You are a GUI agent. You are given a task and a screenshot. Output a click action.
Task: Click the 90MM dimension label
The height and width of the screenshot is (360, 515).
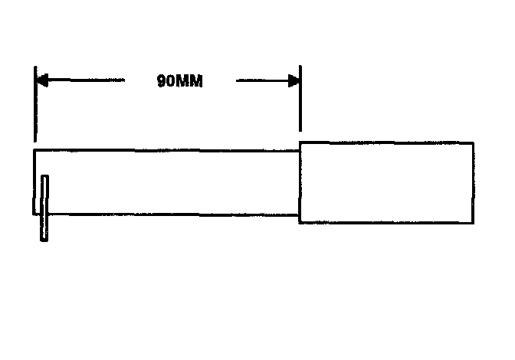179,81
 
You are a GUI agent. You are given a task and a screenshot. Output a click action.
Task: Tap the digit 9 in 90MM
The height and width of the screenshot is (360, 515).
162,81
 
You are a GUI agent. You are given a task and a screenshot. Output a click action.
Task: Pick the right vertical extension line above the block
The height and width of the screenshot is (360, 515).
300,100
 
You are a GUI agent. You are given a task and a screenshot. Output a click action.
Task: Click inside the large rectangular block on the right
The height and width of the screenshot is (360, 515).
385,182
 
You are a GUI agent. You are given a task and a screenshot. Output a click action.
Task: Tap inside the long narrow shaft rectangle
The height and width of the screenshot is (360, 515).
169,182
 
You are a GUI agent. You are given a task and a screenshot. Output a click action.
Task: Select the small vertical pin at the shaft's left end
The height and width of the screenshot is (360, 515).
44,208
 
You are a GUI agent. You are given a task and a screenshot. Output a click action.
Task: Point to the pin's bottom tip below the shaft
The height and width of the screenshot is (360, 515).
44,240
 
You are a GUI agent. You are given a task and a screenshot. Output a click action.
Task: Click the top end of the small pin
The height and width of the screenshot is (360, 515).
44,177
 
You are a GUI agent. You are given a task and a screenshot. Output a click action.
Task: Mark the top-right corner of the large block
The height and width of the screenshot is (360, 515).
473,142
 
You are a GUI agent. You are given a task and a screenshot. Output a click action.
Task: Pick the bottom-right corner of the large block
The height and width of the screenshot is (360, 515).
473,223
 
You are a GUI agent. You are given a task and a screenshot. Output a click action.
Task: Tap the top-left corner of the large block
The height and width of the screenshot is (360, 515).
300,142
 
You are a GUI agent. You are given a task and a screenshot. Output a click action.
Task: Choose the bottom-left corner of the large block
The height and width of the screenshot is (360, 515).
300,223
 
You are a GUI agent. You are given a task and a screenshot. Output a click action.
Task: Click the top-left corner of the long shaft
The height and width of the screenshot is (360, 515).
34,151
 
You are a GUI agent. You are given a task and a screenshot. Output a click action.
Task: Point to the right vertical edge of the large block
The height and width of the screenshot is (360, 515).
473,182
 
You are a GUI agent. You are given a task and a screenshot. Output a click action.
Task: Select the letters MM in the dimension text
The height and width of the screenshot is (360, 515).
190,81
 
